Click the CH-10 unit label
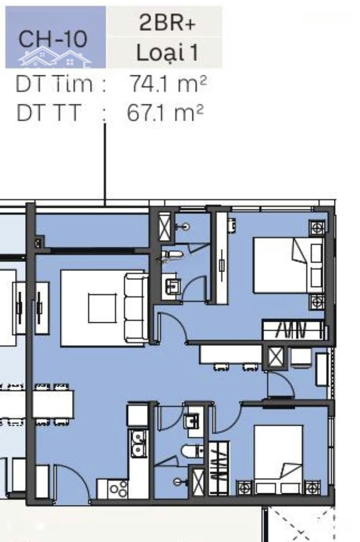point(53,39)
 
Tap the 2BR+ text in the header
point(167,23)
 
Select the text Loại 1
point(167,53)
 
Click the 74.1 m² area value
point(168,84)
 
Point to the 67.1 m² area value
point(165,112)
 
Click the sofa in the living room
point(136,308)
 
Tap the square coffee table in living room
point(102,308)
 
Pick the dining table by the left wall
point(53,404)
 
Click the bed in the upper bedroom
point(289,265)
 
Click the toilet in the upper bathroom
point(172,255)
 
